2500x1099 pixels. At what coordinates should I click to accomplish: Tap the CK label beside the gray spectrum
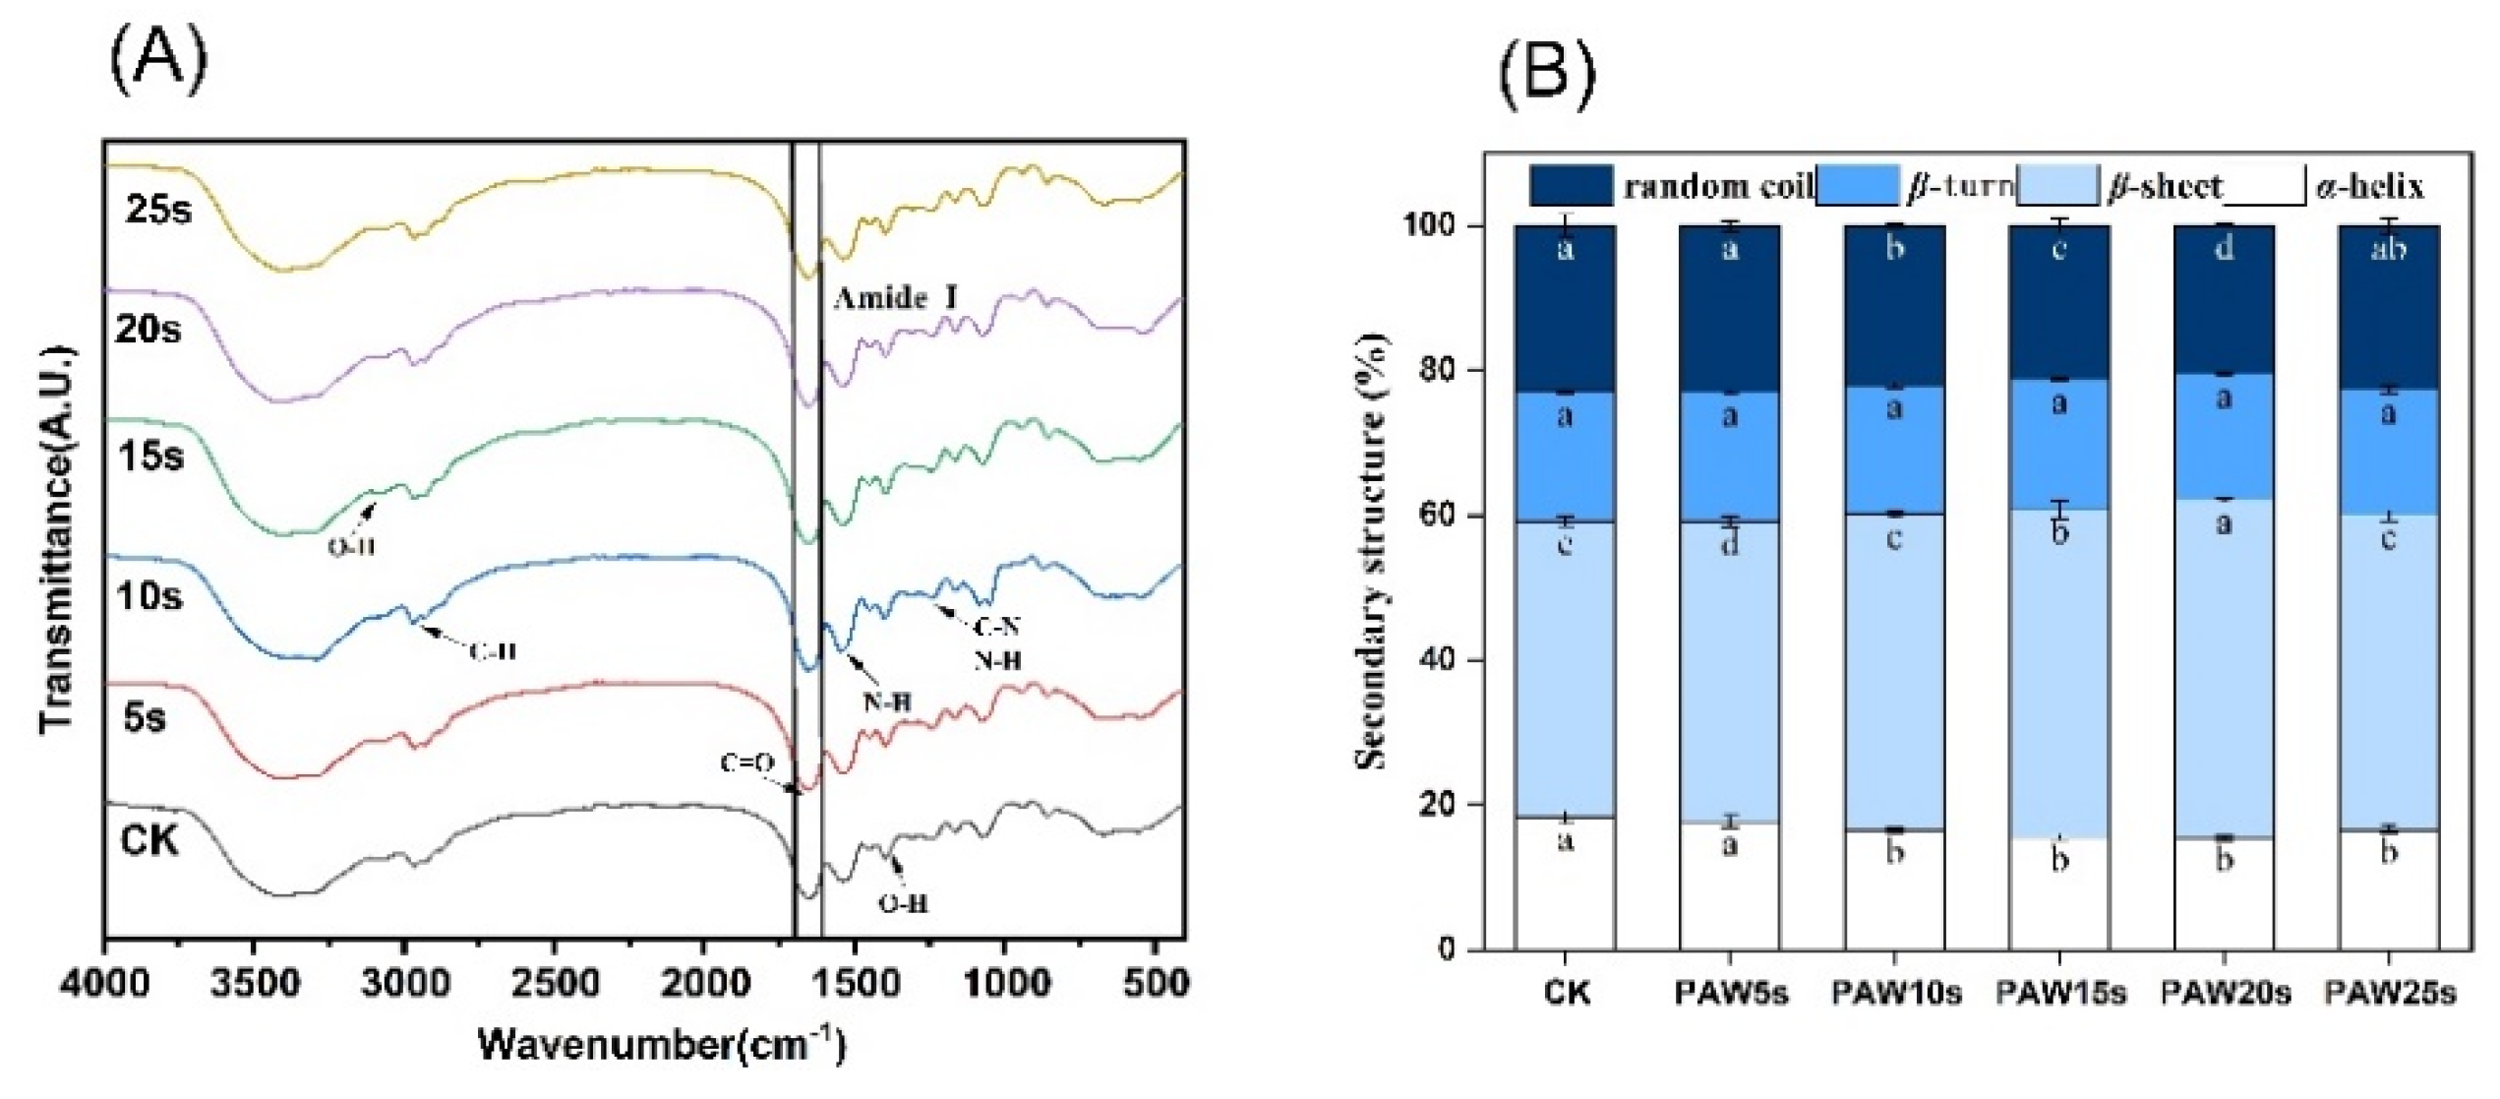point(149,841)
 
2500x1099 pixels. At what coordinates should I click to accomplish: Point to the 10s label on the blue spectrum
point(149,595)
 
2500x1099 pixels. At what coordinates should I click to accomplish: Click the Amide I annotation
point(894,297)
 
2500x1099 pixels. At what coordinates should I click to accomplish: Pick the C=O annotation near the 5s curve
point(747,763)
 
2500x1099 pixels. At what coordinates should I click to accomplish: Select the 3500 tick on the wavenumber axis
point(253,983)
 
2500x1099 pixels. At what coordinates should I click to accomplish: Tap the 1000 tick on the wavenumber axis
point(1003,983)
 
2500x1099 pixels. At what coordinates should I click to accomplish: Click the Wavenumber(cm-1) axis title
point(661,1045)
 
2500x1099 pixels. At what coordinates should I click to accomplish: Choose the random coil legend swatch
point(1571,186)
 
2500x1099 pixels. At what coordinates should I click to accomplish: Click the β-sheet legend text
point(2164,186)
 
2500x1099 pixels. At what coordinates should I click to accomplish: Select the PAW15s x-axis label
point(2059,994)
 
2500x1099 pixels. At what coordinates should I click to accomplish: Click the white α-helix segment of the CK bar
point(1565,885)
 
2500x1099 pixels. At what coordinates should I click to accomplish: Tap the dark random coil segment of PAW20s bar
point(2225,305)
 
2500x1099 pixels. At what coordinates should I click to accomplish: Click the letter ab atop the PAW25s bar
point(2389,248)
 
